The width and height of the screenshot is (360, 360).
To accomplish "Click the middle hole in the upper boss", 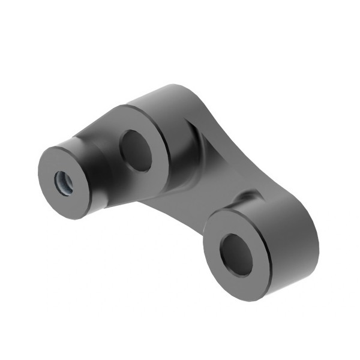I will pos(136,150).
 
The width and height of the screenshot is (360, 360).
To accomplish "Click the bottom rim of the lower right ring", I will pos(246,297).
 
